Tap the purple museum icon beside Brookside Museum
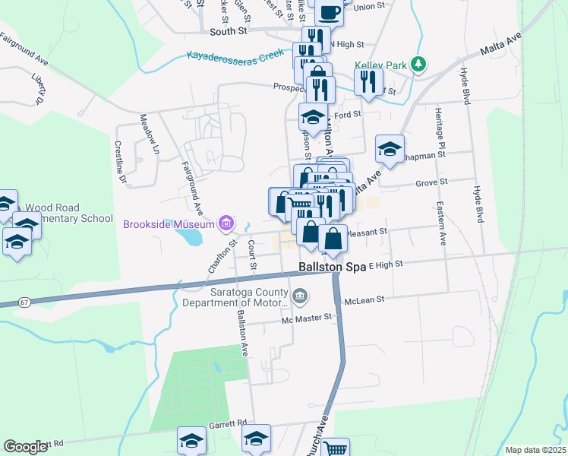tap(226, 223)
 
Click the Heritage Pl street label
tap(439, 126)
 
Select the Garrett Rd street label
tap(230, 423)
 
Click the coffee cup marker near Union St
tap(330, 12)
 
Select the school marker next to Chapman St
tap(390, 148)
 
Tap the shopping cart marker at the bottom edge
tap(335, 448)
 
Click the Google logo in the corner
tap(25, 446)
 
